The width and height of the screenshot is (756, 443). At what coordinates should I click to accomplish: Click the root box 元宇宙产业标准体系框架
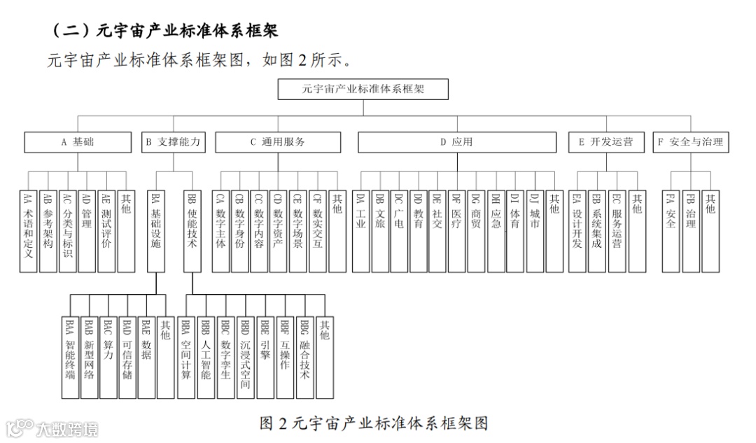click(363, 90)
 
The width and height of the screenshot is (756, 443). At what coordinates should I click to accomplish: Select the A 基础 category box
click(78, 142)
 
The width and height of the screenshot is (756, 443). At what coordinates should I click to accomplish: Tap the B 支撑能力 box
click(173, 142)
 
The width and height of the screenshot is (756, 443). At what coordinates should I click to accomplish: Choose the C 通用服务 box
click(278, 142)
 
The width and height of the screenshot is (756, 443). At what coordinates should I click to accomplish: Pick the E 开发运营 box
click(605, 142)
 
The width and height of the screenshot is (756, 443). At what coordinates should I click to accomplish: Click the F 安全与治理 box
click(689, 142)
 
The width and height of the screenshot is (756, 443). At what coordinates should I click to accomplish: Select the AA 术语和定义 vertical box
click(29, 230)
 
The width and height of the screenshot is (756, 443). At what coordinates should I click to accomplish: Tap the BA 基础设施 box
click(155, 230)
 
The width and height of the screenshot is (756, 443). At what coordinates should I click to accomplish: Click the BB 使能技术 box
click(192, 230)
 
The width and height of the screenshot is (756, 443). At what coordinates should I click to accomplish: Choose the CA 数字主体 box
click(221, 230)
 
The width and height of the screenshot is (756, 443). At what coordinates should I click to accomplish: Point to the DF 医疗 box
click(456, 230)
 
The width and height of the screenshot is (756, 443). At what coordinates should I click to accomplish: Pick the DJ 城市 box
click(535, 230)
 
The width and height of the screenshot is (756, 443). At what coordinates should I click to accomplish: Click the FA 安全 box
click(671, 230)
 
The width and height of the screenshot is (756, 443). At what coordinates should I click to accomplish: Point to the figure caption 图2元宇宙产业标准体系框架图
click(373, 423)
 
